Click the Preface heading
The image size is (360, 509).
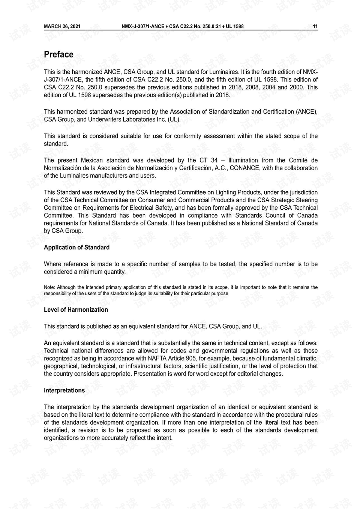tap(58, 55)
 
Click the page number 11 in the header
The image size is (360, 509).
tap(315, 26)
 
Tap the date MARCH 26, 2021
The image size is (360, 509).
tap(62, 26)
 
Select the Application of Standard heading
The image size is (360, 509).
tap(76, 248)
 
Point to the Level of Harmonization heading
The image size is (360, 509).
tap(76, 310)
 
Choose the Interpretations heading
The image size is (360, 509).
tap(64, 390)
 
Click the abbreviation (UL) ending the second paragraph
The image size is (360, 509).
tap(174, 119)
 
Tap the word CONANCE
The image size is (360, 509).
tap(244, 168)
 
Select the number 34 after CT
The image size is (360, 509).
tap(214, 160)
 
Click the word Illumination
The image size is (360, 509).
tap(243, 160)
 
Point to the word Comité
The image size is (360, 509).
tap(298, 160)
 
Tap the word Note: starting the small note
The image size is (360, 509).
tap(49, 287)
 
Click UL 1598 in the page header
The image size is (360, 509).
tap(234, 26)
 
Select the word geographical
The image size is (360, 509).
tap(61, 366)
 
